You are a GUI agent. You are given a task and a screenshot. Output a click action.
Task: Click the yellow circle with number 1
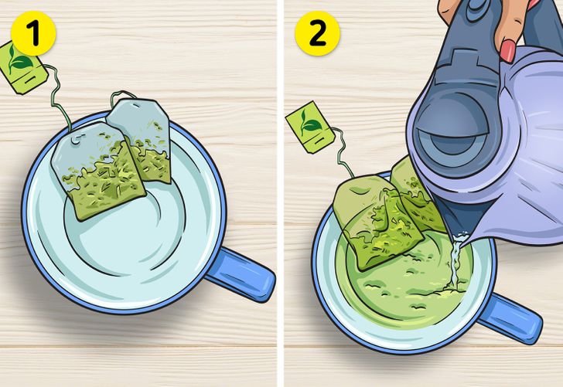33,33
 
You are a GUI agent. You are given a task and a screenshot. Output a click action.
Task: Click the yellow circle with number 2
317,33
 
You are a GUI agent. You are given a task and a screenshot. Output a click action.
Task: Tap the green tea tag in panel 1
22,67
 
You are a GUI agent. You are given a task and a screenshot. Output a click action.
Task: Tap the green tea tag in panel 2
311,127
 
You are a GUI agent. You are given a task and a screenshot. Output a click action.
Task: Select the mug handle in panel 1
241,273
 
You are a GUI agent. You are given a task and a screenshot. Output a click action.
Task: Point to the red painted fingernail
508,50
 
